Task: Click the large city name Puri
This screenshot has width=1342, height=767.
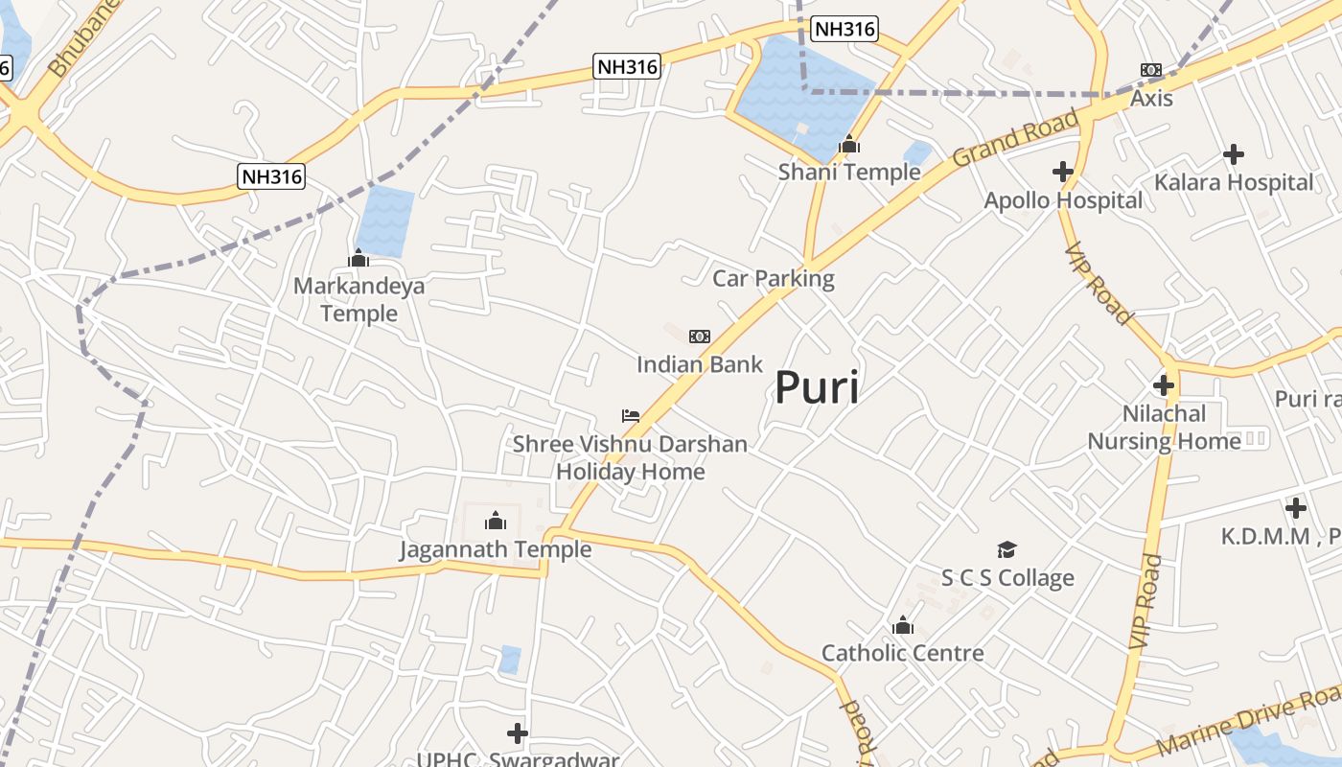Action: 816,387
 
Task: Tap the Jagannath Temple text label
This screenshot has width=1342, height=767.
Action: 495,549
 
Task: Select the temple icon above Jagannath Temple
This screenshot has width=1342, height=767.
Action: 496,521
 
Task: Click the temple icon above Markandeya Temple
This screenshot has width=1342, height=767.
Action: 359,258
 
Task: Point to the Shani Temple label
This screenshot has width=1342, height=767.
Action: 848,173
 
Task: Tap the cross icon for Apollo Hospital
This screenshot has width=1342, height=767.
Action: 1062,172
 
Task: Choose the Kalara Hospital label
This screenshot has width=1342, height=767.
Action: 1233,182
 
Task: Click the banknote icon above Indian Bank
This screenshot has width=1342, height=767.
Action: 700,336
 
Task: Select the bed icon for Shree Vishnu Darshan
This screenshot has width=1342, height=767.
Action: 630,416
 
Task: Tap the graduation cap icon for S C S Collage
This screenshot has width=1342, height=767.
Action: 1006,549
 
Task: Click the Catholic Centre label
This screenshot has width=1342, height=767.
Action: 902,653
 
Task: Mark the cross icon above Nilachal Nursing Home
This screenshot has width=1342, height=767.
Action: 1164,385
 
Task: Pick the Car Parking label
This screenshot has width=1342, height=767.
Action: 773,278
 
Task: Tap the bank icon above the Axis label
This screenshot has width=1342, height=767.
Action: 1151,70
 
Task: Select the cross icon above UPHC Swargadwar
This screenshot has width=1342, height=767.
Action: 518,733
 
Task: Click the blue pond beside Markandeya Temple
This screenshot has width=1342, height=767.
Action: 385,221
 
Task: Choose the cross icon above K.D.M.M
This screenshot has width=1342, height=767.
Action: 1296,507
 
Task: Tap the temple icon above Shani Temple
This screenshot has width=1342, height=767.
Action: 848,145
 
